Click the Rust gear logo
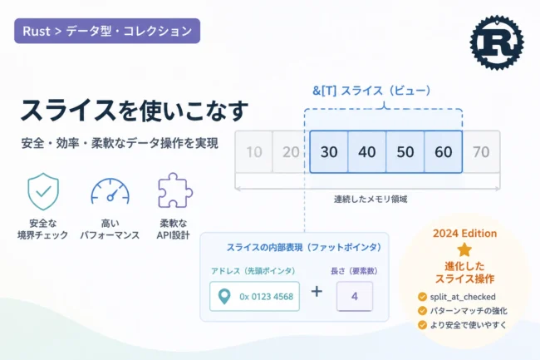tap(497, 42)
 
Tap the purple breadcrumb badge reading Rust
tap(107, 31)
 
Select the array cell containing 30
tap(329, 151)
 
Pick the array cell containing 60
tap(444, 151)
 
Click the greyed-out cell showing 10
tap(254, 151)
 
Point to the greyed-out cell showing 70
tap(481, 151)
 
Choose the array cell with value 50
tap(405, 151)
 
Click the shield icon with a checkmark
tap(43, 191)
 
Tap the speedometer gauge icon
tap(110, 191)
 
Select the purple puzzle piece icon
tap(174, 190)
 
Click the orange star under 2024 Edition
tap(464, 249)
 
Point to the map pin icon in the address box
tap(224, 296)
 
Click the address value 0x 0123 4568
tap(266, 297)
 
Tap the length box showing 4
tap(355, 296)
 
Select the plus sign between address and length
tap(317, 292)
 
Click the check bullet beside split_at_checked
tap(422, 297)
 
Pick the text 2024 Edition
tap(464, 234)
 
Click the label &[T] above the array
tap(324, 91)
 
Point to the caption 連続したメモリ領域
tap(371, 199)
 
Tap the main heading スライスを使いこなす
tap(135, 111)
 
